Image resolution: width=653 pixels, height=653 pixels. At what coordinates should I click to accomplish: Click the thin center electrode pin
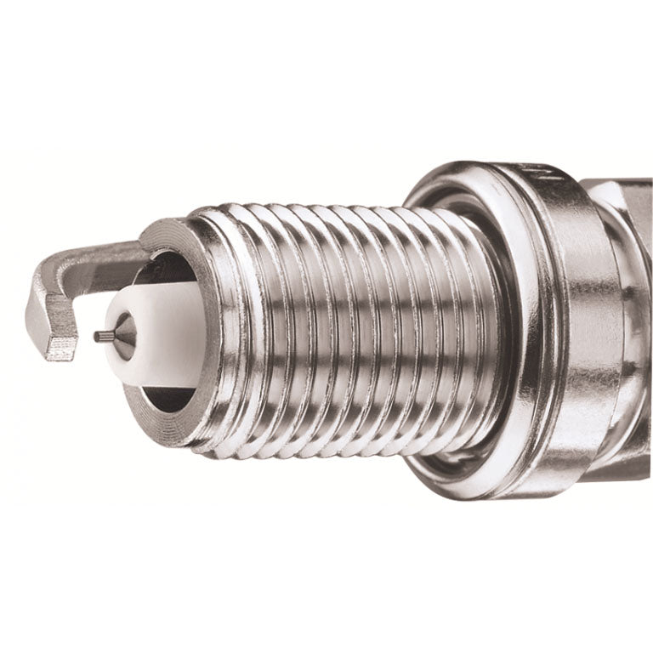pyautogui.click(x=103, y=336)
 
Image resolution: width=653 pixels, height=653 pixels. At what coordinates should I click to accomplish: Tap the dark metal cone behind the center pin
pyautogui.click(x=123, y=335)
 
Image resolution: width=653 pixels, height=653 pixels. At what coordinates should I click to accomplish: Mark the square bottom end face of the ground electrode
pyautogui.click(x=61, y=347)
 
